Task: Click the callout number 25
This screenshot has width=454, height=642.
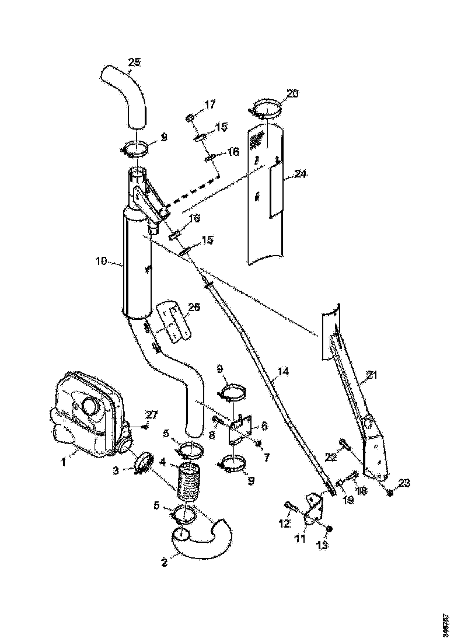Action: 135,61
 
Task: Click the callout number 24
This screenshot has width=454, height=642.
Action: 301,173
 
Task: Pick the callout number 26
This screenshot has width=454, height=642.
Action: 193,306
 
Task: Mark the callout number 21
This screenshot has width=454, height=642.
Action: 372,375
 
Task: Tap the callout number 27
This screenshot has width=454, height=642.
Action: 151,416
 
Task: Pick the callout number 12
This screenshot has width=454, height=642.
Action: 284,524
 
